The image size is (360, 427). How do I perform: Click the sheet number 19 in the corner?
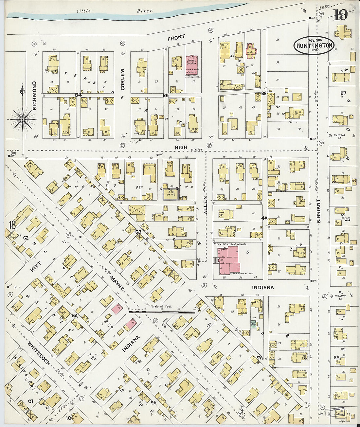(x=340, y=15)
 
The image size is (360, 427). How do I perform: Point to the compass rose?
(x=23, y=120)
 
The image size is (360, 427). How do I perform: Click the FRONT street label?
(x=176, y=38)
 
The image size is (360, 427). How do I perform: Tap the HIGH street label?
(x=181, y=148)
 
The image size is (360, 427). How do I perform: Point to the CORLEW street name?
(x=123, y=79)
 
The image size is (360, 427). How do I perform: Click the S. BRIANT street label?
(x=318, y=211)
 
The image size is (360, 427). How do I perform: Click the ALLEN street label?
(x=206, y=205)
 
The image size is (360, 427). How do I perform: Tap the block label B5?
(x=166, y=95)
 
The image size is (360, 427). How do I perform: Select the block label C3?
(x=138, y=232)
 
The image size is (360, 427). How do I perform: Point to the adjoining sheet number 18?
(x=12, y=225)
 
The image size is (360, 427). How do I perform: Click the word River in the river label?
(x=145, y=11)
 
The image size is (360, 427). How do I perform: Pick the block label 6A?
(x=75, y=316)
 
